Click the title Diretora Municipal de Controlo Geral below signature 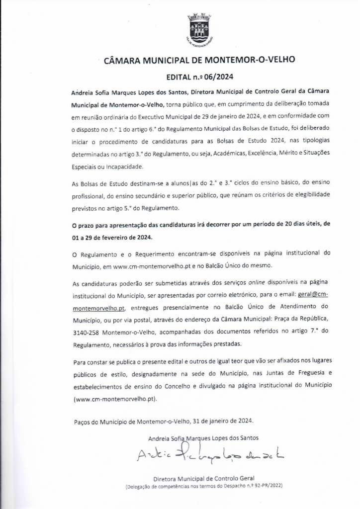[x=203, y=477]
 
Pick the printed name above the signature [x=203, y=438]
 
